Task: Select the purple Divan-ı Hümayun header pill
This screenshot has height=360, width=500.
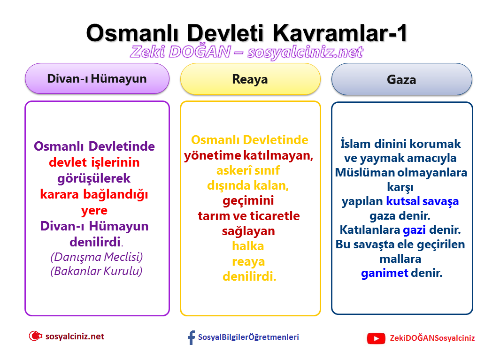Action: [97, 78]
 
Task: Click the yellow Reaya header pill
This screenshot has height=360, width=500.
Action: [250, 79]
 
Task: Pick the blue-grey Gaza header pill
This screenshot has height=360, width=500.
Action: [401, 79]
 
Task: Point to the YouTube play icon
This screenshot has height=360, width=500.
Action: [376, 338]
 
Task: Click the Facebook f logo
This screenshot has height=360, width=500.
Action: [191, 337]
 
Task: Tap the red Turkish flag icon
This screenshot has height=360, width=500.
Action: [35, 336]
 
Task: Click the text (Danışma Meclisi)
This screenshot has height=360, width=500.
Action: [96, 257]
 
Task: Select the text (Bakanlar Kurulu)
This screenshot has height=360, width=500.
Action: [96, 271]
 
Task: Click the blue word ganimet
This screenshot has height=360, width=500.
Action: [385, 273]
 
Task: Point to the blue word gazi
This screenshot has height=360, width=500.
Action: [414, 230]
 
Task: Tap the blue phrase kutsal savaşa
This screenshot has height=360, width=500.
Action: [422, 201]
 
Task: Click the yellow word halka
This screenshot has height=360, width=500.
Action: [248, 246]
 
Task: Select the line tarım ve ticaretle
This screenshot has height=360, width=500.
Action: [249, 216]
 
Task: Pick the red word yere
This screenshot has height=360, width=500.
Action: [94, 210]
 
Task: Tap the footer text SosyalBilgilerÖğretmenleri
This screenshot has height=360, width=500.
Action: [248, 337]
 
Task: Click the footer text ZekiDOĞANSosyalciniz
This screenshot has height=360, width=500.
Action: [432, 338]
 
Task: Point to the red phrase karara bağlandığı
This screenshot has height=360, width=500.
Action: [94, 194]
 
